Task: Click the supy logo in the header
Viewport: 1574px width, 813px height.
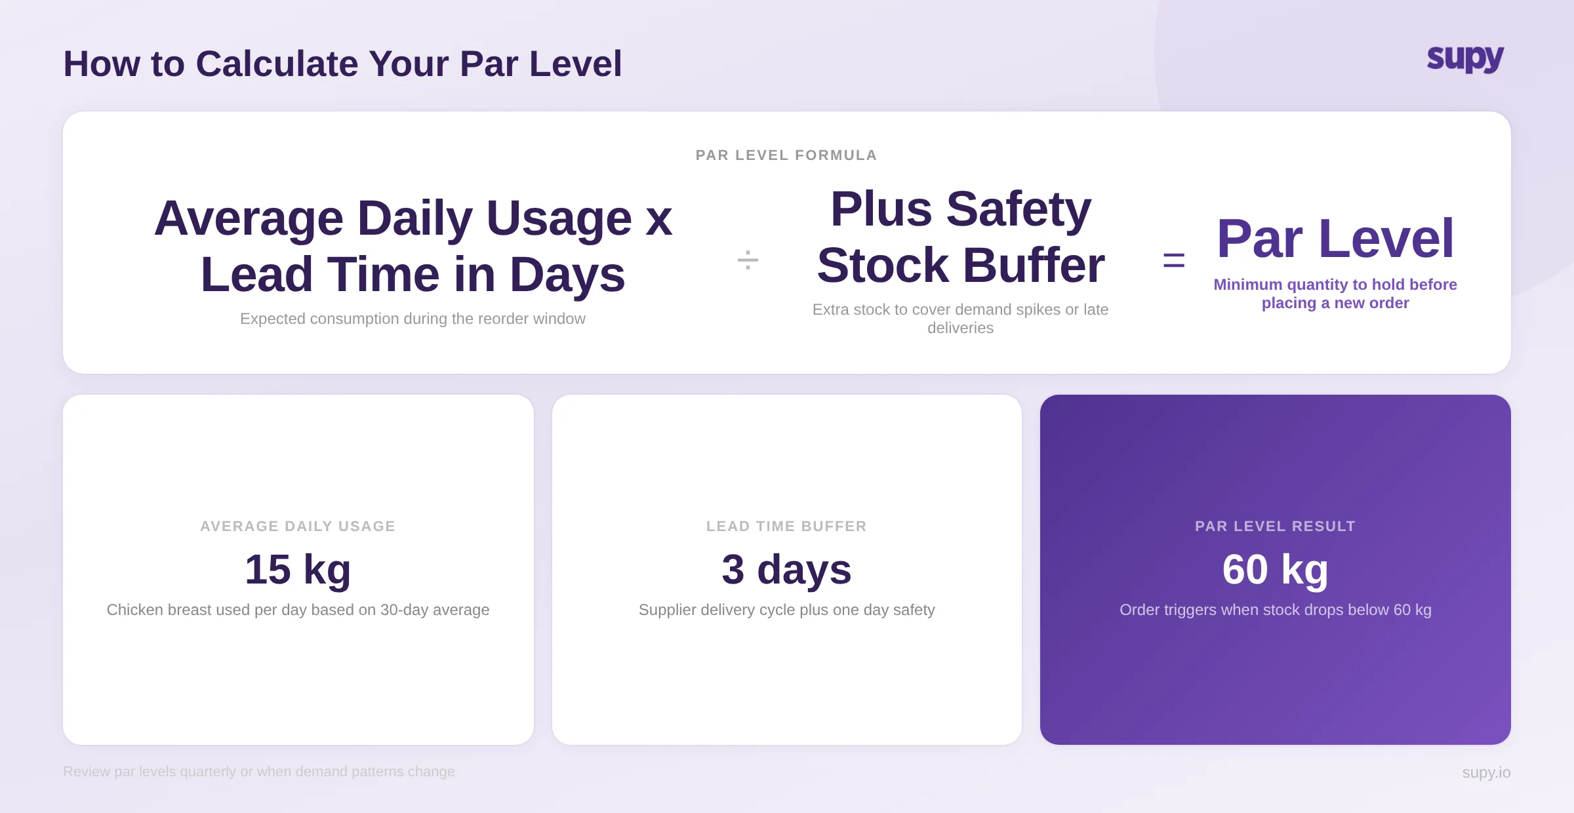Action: [x=1464, y=59]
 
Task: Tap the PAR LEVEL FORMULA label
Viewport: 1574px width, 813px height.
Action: [x=786, y=155]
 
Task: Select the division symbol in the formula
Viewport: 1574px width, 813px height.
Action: [x=748, y=260]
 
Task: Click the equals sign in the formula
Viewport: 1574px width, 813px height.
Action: [x=1173, y=261]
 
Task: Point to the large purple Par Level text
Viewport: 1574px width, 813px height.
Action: [x=1335, y=239]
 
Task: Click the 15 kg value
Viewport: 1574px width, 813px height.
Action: [x=298, y=569]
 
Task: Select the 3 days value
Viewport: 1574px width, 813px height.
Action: [x=786, y=569]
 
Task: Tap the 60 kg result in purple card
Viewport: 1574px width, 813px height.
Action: [x=1275, y=569]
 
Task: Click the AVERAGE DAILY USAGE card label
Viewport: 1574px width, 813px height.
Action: [x=298, y=526]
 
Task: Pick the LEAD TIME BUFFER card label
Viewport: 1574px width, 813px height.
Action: [x=786, y=526]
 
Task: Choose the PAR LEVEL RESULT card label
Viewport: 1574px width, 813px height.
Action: [x=1275, y=526]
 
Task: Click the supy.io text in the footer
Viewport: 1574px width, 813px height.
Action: [x=1485, y=772]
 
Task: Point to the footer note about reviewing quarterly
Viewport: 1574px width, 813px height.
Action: [x=258, y=772]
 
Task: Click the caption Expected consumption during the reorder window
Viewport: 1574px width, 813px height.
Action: [x=413, y=319]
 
